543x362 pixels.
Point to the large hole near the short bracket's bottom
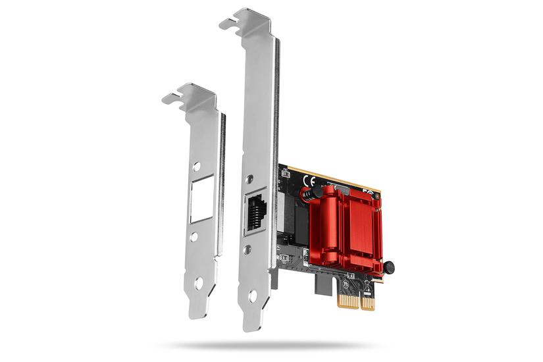pyautogui.click(x=198, y=282)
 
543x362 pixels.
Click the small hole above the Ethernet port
pyautogui.click(x=249, y=179)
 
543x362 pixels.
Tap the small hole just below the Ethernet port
pyautogui.click(x=247, y=250)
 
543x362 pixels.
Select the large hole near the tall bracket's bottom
pyautogui.click(x=252, y=296)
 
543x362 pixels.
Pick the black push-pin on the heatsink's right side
pyautogui.click(x=389, y=267)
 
